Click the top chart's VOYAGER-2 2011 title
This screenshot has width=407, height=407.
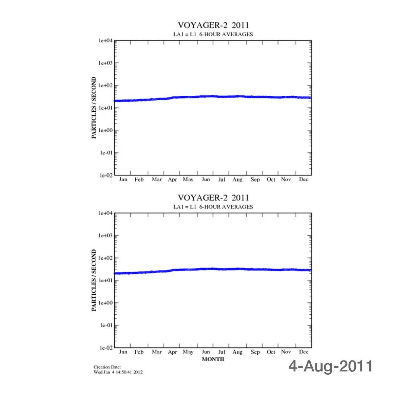pyautogui.click(x=213, y=25)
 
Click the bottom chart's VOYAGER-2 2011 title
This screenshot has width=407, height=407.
pyautogui.click(x=213, y=198)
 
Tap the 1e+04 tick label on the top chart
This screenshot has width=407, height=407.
pyautogui.click(x=105, y=41)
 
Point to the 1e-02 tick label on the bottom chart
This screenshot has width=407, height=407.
pyautogui.click(x=105, y=348)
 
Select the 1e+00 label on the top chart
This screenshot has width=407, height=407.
pyautogui.click(x=105, y=130)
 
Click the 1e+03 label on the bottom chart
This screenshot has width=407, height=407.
pyautogui.click(x=105, y=236)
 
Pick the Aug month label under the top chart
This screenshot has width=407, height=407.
pyautogui.click(x=237, y=180)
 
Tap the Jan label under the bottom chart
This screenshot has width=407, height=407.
pyautogui.click(x=123, y=352)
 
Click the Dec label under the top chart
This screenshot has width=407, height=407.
pyautogui.click(x=304, y=180)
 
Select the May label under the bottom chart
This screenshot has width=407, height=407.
pyautogui.click(x=188, y=352)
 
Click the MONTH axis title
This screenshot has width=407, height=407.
pyautogui.click(x=213, y=359)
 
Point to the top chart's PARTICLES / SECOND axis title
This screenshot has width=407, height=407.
pyautogui.click(x=94, y=108)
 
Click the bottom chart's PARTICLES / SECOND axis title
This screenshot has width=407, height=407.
pyautogui.click(x=94, y=280)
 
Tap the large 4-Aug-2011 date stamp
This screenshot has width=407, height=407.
pyautogui.click(x=331, y=366)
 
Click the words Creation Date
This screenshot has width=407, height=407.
pyautogui.click(x=107, y=367)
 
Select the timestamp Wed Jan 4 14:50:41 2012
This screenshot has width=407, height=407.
pyautogui.click(x=118, y=372)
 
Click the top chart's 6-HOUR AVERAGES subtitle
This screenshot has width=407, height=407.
pyautogui.click(x=226, y=34)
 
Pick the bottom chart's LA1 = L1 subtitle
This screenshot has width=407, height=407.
pyautogui.click(x=185, y=207)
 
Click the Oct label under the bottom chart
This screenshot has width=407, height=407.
pyautogui.click(x=271, y=352)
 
